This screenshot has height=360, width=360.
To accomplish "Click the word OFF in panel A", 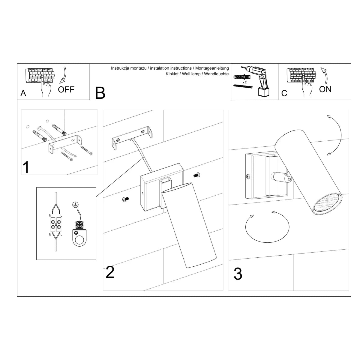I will pos(66,89).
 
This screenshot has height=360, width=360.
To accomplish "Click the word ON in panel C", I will pos(325,89).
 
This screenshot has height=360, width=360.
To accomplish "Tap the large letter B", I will pos(100,93).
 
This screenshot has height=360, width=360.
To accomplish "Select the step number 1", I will pos(26,167).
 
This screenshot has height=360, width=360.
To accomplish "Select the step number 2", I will pos(110,272).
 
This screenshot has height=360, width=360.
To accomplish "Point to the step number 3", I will pos(238,274).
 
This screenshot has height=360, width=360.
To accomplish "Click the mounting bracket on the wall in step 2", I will pos(132,138).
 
